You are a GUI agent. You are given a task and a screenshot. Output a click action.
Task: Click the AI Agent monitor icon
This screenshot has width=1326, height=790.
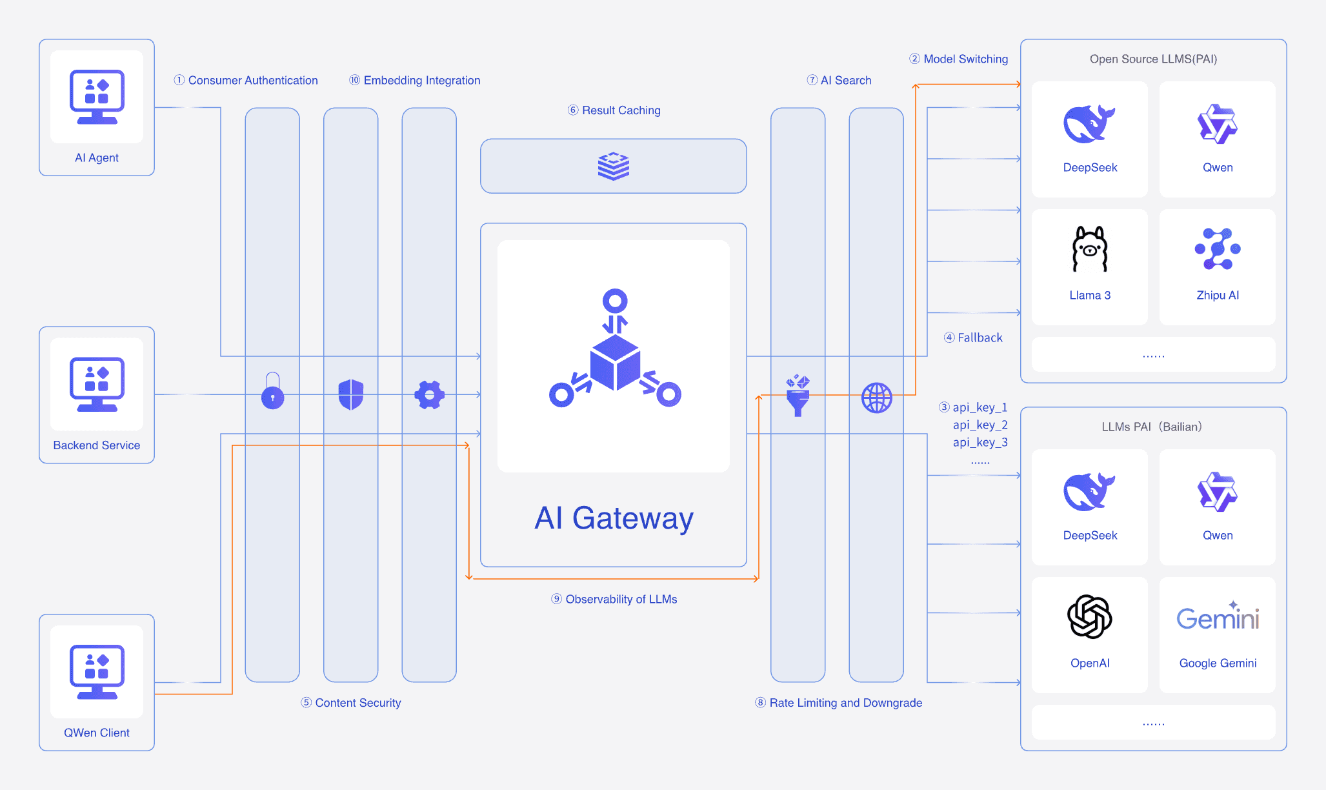pyautogui.click(x=97, y=97)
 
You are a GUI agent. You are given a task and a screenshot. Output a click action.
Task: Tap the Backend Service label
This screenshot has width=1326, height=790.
pyautogui.click(x=97, y=445)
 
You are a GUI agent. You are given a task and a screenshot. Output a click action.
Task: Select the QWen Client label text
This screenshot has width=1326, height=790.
pyautogui.click(x=97, y=733)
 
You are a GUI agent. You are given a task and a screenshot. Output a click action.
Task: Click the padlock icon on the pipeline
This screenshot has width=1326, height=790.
pyautogui.click(x=272, y=391)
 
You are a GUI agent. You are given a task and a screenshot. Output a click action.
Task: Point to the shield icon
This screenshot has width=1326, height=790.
pyautogui.click(x=351, y=394)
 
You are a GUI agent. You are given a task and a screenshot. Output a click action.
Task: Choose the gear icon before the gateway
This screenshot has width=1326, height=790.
pyautogui.click(x=429, y=394)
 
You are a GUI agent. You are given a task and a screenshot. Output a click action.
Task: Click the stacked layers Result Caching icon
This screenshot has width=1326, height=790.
pyautogui.click(x=613, y=166)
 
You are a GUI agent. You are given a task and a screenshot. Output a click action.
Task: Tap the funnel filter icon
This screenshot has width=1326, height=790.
pyautogui.click(x=798, y=396)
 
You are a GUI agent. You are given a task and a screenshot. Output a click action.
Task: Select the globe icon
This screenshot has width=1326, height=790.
pyautogui.click(x=876, y=398)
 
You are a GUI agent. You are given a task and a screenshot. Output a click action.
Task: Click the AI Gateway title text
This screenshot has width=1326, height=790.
pyautogui.click(x=614, y=518)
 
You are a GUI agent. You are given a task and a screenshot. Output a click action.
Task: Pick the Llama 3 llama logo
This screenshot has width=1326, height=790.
pyautogui.click(x=1090, y=249)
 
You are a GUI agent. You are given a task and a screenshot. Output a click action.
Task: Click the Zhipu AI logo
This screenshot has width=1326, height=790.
pyautogui.click(x=1218, y=249)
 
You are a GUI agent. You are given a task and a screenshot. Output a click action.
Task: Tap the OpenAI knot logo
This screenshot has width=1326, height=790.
pyautogui.click(x=1090, y=617)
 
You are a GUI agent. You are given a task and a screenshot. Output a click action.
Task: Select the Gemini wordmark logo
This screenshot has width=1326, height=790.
pyautogui.click(x=1218, y=618)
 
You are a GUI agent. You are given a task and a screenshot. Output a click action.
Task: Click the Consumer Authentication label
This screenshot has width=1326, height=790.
pyautogui.click(x=252, y=80)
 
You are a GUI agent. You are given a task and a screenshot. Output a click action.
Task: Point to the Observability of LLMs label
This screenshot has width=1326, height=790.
pyautogui.click(x=621, y=599)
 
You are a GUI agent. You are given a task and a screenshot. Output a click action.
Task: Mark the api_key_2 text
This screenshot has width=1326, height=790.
pyautogui.click(x=980, y=425)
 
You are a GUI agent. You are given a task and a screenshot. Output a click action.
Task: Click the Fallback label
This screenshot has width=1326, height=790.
pyautogui.click(x=979, y=338)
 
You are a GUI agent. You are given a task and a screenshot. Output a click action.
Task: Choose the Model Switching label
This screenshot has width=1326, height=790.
pyautogui.click(x=965, y=59)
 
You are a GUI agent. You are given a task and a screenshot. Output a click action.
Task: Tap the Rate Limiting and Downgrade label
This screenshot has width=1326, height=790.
pyautogui.click(x=845, y=703)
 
